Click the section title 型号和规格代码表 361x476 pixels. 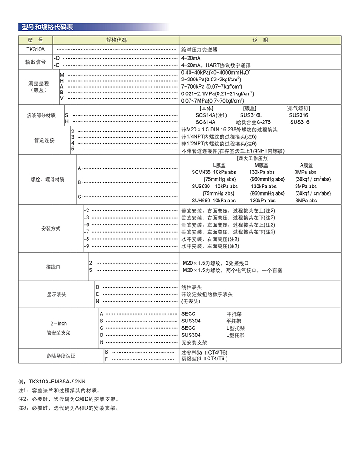(47, 28)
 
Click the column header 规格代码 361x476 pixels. (116, 40)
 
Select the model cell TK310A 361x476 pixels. (36, 50)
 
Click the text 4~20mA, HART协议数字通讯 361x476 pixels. (218, 65)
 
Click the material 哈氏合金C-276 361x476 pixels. (253, 122)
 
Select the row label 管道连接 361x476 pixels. (44, 140)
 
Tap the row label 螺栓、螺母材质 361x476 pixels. (47, 179)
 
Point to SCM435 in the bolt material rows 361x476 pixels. (201, 172)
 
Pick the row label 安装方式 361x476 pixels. (51, 229)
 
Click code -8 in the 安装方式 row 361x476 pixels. (87, 239)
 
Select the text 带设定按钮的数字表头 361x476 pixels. (207, 294)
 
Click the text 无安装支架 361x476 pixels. (194, 342)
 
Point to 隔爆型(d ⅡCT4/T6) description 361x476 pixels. (204, 359)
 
